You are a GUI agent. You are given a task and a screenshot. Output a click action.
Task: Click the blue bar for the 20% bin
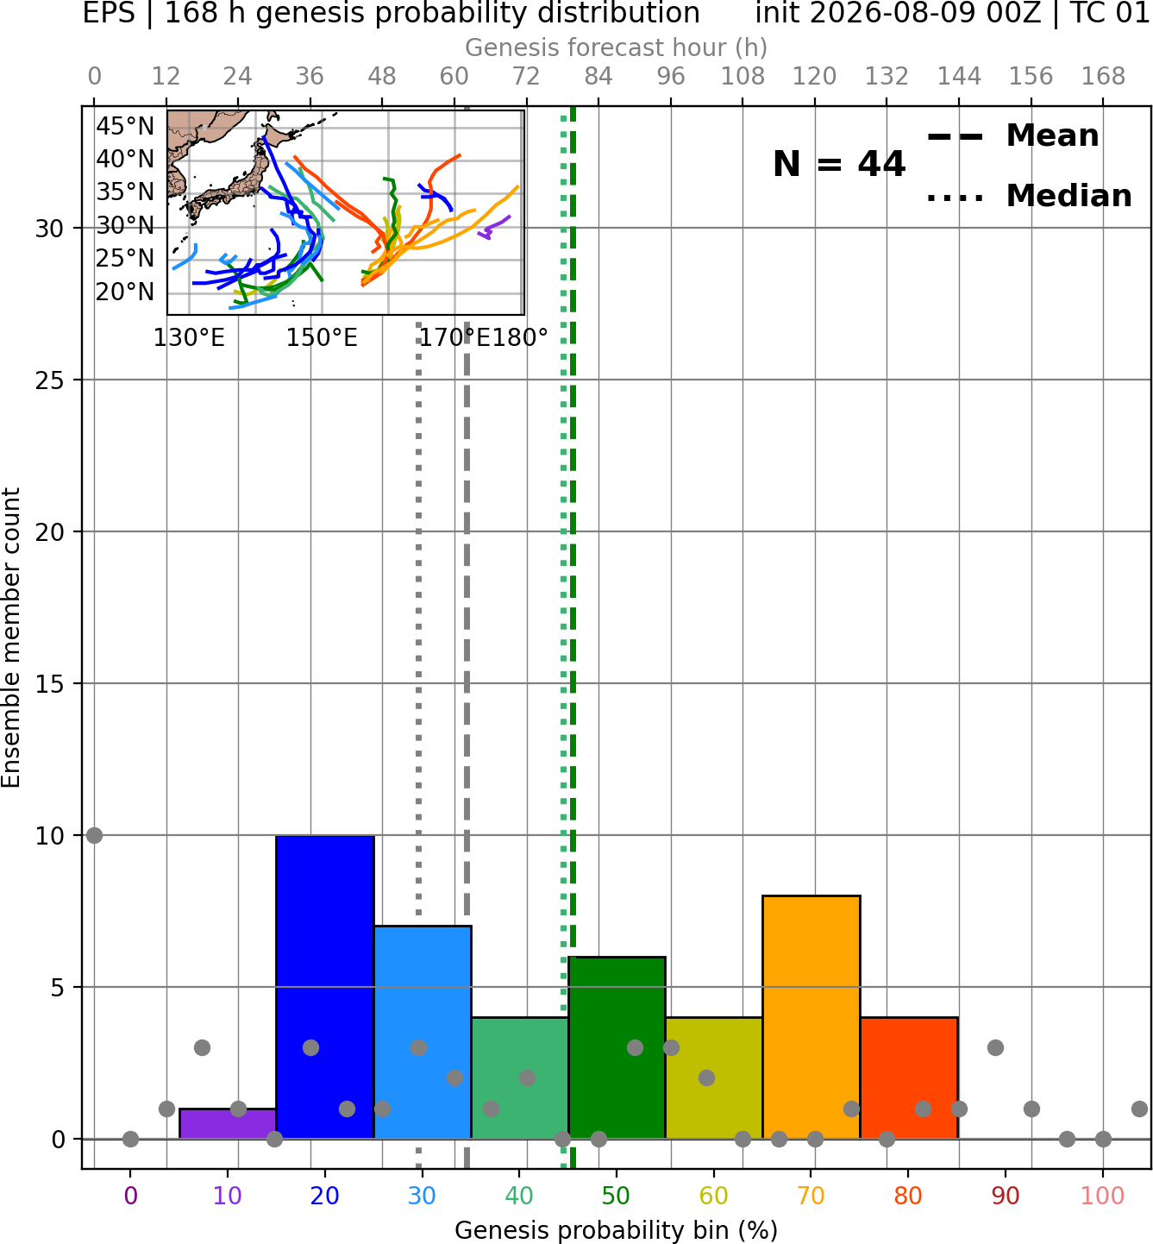click(x=325, y=987)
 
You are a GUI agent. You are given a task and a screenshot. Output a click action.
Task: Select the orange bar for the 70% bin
click(x=811, y=1017)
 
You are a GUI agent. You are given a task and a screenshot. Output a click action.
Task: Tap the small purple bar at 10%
click(x=228, y=1124)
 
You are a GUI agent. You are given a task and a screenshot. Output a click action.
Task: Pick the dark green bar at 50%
click(x=617, y=1048)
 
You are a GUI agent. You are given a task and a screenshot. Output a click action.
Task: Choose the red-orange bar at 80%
click(x=909, y=1078)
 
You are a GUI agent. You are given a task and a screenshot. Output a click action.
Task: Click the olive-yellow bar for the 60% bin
click(x=714, y=1078)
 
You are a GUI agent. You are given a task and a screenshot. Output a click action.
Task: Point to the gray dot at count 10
click(x=95, y=836)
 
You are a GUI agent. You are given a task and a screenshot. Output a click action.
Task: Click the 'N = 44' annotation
click(x=839, y=164)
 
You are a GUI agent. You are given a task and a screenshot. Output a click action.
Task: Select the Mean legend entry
click(x=1012, y=136)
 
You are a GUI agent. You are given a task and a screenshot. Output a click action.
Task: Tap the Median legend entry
click(x=1030, y=196)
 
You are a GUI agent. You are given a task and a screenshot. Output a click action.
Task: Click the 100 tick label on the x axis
click(x=1103, y=1196)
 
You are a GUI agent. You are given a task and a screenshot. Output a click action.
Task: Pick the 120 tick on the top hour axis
click(x=815, y=77)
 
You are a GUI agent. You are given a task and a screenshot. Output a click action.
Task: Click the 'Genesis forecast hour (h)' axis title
click(x=617, y=47)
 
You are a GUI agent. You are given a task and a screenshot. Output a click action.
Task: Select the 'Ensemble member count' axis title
click(x=11, y=638)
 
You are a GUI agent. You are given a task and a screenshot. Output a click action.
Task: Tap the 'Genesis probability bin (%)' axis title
click(x=617, y=1230)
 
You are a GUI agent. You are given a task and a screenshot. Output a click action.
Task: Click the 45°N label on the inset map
click(x=125, y=127)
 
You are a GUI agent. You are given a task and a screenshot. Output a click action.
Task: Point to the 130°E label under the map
click(x=189, y=338)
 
